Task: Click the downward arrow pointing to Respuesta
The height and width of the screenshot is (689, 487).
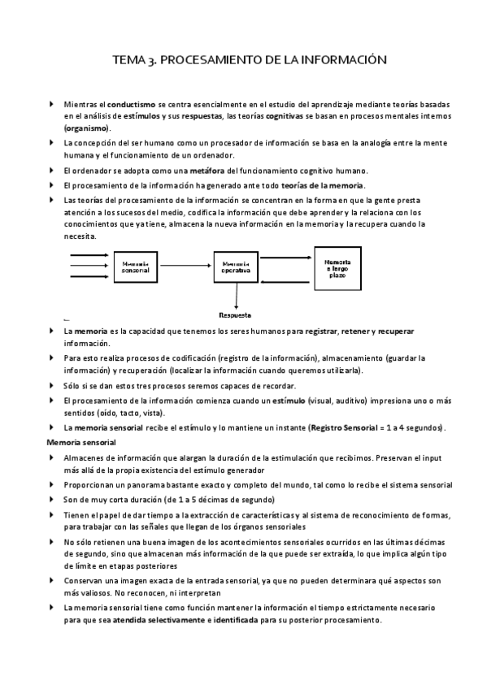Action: pyautogui.click(x=235, y=295)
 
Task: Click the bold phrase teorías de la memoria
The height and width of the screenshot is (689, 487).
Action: pyautogui.click(x=322, y=185)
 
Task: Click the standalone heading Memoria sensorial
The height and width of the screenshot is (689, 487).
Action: pyautogui.click(x=81, y=442)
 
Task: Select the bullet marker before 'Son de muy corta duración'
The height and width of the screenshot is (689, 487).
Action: pyautogui.click(x=52, y=499)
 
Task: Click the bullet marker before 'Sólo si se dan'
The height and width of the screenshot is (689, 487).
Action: pyautogui.click(x=52, y=385)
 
